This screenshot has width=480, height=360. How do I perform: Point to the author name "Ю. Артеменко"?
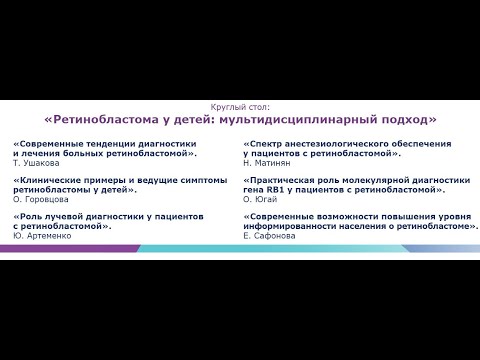tap(42, 235)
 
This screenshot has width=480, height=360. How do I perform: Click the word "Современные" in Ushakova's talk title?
tap(52, 144)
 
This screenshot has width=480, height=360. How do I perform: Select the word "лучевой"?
tap(72, 215)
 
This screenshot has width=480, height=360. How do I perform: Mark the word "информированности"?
tap(301, 225)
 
